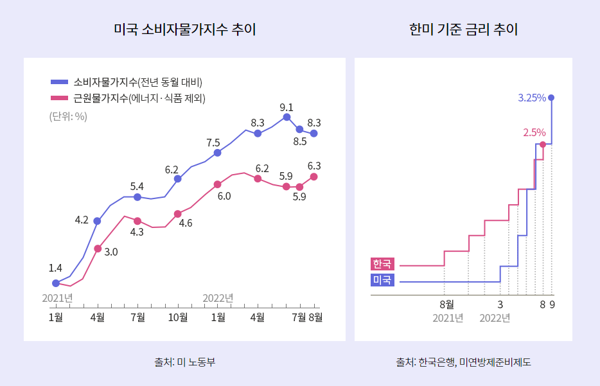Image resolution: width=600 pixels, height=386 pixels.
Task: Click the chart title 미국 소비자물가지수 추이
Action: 184,30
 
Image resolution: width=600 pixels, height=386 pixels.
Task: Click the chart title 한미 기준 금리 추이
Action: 463,30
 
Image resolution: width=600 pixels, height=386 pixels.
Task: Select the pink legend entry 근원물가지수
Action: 132,98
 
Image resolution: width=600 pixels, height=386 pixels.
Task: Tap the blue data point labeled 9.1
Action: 287,117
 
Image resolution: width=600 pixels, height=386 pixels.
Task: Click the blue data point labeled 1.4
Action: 56,283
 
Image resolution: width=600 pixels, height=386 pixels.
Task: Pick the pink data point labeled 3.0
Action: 98,249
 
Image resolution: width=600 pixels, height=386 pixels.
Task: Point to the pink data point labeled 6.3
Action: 313,177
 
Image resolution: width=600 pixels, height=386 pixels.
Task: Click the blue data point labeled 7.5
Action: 218,153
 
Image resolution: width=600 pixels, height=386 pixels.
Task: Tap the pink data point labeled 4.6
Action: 178,214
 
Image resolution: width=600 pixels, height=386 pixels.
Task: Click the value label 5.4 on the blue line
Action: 137,186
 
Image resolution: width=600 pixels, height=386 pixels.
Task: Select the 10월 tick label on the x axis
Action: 178,317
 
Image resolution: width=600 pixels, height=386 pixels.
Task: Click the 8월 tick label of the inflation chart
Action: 315,317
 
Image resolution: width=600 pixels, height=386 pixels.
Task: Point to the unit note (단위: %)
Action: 68,116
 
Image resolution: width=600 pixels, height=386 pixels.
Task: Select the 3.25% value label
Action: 531,98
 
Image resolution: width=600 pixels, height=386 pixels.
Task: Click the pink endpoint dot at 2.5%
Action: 543,145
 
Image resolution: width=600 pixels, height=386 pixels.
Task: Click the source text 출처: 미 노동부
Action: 184,362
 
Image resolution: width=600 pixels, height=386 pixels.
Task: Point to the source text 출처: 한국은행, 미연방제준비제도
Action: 463,362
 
